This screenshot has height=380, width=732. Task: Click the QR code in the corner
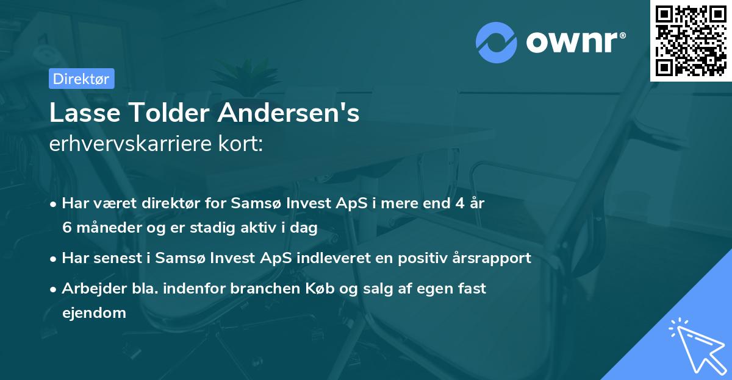(x=691, y=40)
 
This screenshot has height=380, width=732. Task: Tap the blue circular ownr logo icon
(x=497, y=43)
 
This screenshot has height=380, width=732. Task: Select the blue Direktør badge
(x=81, y=79)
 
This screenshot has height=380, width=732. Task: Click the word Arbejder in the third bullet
(x=90, y=289)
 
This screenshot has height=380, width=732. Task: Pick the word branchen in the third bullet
(x=259, y=289)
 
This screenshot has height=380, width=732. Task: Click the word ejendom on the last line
(x=94, y=313)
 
